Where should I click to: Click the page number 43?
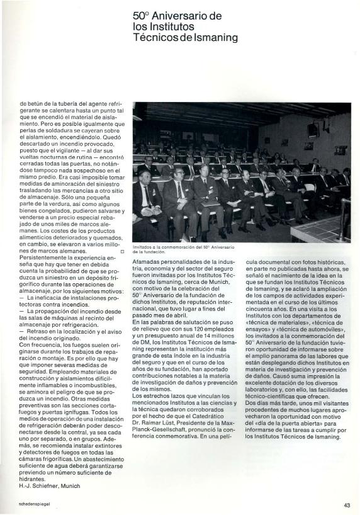pyautogui.click(x=347, y=504)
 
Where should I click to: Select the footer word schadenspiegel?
pyautogui.click(x=33, y=504)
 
